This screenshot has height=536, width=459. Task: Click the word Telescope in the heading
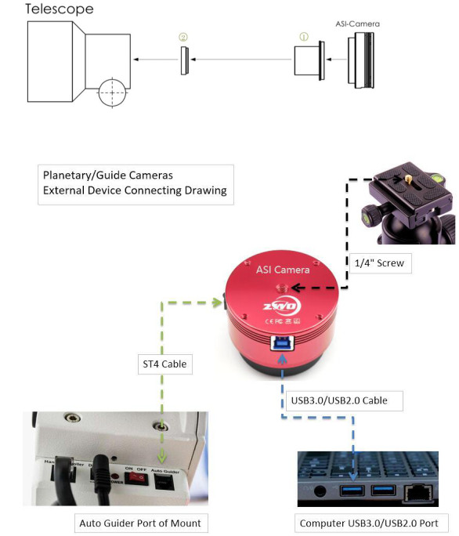(60, 9)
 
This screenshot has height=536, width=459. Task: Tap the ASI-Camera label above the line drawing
(360, 24)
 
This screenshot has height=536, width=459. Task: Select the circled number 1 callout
(305, 36)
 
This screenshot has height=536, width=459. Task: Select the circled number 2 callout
(183, 36)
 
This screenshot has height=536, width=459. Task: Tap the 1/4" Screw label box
(378, 263)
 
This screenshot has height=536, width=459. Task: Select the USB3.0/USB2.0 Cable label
(342, 400)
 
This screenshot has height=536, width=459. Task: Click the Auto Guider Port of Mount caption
(139, 523)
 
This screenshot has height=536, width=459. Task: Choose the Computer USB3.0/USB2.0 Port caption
(374, 523)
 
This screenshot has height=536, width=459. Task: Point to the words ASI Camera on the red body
(283, 270)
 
